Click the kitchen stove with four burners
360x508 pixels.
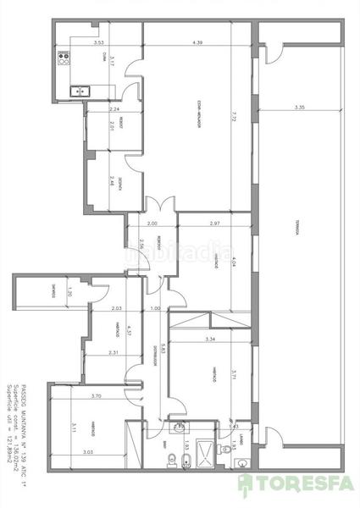(63, 59)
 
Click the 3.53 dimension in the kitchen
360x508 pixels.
(98, 41)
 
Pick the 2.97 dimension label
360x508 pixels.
(213, 223)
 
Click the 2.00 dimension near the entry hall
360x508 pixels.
(152, 223)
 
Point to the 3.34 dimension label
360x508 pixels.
(211, 340)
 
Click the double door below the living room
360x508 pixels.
(154, 206)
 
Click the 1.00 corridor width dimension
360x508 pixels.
(155, 308)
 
